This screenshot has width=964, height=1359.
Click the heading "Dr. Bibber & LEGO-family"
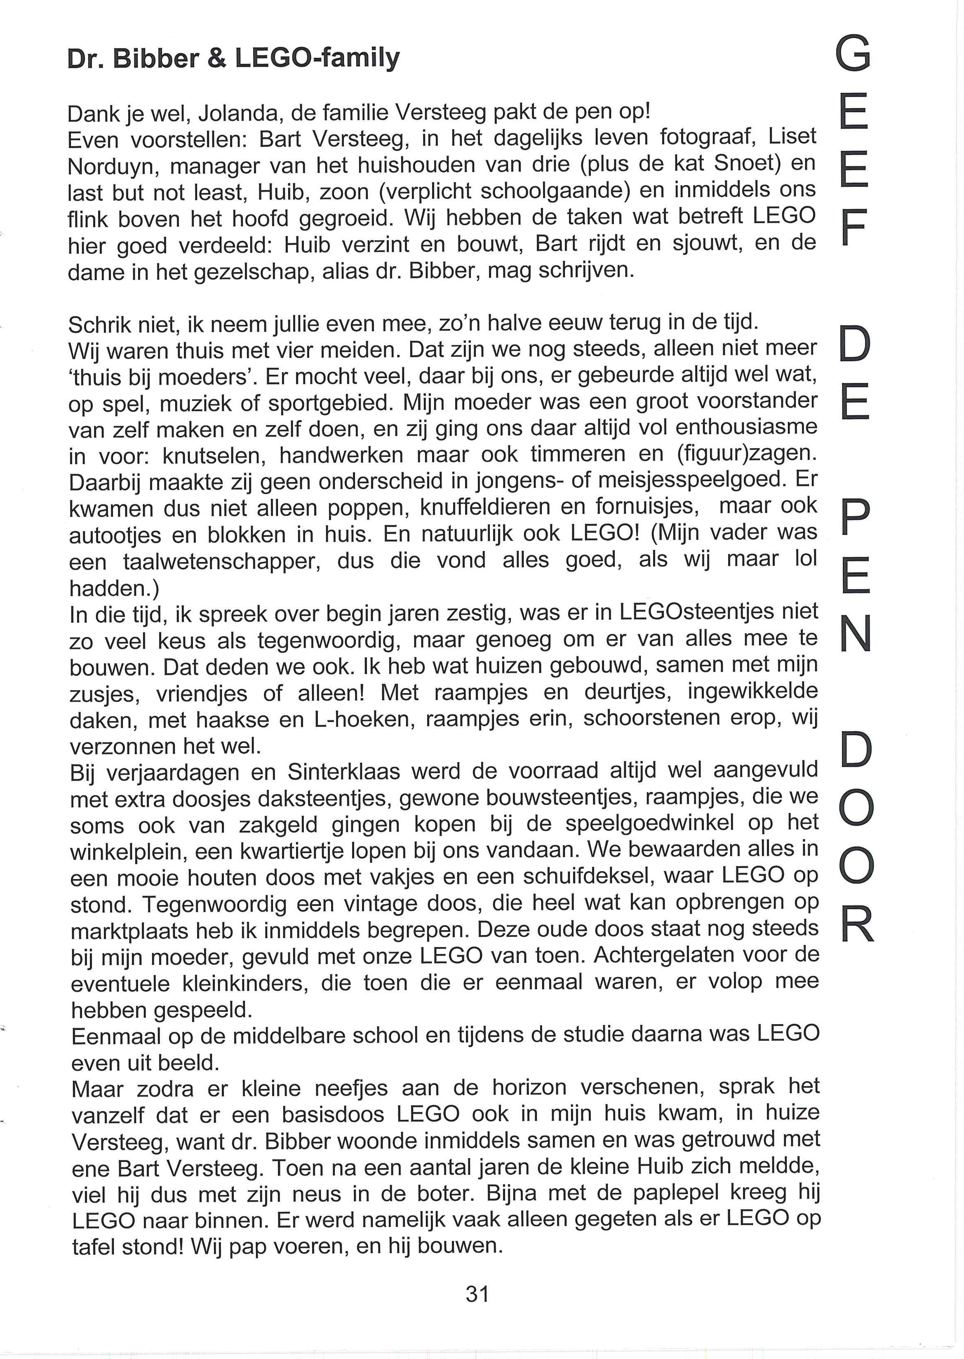click(233, 58)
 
